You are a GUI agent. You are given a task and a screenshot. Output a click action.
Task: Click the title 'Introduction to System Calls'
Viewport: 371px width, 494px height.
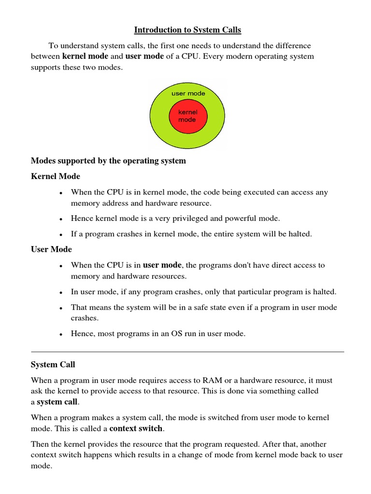tap(187, 30)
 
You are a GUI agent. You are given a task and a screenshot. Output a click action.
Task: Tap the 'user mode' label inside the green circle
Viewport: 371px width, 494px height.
tap(188, 94)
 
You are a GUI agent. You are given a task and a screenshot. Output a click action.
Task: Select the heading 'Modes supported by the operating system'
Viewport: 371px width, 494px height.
tap(108, 161)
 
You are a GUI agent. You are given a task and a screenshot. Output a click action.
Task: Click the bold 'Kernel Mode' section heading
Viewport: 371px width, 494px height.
tap(56, 176)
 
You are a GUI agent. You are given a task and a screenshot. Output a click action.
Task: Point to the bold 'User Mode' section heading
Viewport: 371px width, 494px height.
tap(51, 249)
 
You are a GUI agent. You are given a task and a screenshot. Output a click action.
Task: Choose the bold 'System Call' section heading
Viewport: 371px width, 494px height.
tap(53, 364)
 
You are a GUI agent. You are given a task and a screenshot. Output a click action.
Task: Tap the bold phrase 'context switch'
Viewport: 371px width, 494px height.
tap(136, 428)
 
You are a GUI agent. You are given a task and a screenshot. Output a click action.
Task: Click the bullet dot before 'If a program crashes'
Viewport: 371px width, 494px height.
tap(61, 234)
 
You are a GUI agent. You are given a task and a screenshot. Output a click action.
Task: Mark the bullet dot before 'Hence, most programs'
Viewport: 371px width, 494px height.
tap(61, 334)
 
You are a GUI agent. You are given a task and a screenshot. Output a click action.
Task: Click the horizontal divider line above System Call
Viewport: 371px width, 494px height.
tap(187, 352)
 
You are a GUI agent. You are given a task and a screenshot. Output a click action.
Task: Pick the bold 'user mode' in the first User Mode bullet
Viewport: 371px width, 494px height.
tap(162, 265)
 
